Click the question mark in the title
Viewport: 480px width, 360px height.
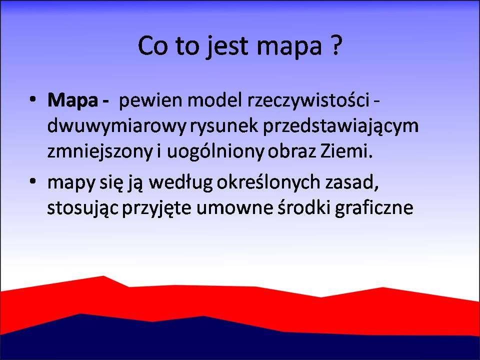336,45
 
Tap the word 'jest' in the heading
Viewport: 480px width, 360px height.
226,47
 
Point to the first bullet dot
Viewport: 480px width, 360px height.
33,99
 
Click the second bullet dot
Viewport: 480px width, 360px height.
33,181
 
